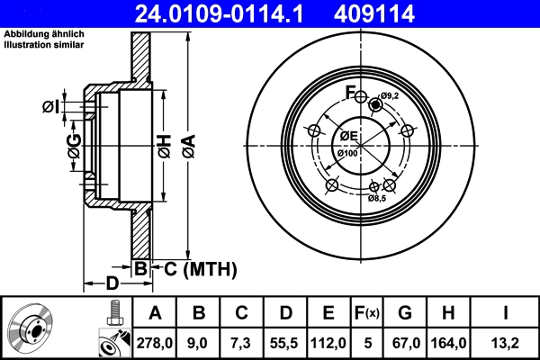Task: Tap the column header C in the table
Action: point(241,314)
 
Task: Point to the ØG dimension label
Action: point(74,144)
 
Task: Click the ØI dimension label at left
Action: point(52,108)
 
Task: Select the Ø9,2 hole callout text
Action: point(389,96)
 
